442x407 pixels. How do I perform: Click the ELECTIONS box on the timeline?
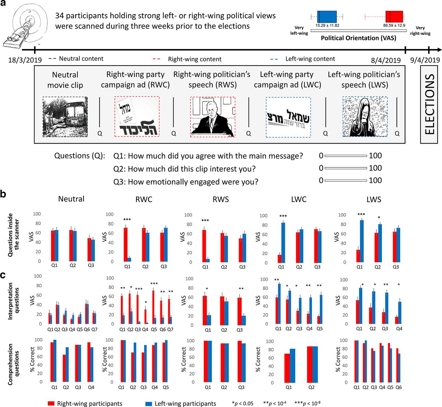pyautogui.click(x=429, y=105)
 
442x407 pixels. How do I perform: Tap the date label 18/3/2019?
pyautogui.click(x=25, y=60)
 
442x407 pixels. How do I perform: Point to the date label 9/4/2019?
pyautogui.click(x=425, y=60)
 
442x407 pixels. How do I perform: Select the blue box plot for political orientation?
pyautogui.click(x=327, y=16)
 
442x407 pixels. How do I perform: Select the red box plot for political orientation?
pyautogui.click(x=394, y=16)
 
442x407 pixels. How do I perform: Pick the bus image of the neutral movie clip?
pyautogui.click(x=65, y=117)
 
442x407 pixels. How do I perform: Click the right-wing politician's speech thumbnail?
pyautogui.click(x=212, y=117)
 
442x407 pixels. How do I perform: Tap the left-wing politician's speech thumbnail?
pyautogui.click(x=365, y=117)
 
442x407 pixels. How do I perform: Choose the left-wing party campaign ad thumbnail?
pyautogui.click(x=288, y=117)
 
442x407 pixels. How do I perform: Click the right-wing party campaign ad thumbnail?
pyautogui.click(x=137, y=117)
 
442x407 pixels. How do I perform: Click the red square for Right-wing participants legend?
pyautogui.click(x=51, y=403)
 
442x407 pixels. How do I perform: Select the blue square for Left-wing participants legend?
pyautogui.click(x=149, y=403)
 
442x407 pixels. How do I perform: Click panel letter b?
pyautogui.click(x=3, y=194)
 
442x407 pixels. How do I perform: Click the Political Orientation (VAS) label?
pyautogui.click(x=358, y=38)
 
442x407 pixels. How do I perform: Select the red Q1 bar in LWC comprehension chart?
pyautogui.click(x=287, y=368)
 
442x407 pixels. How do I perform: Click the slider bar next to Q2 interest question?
pyautogui.click(x=346, y=168)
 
